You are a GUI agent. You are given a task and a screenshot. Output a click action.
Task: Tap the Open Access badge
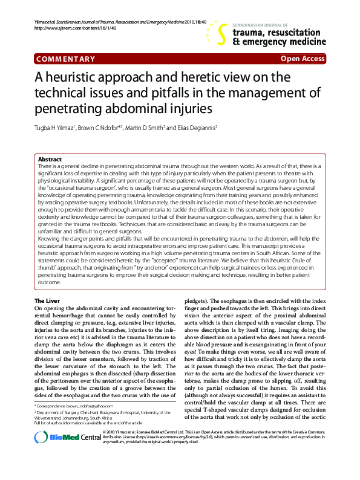pyautogui.click(x=303, y=59)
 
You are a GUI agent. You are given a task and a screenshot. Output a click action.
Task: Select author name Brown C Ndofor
pyautogui.click(x=97, y=128)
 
